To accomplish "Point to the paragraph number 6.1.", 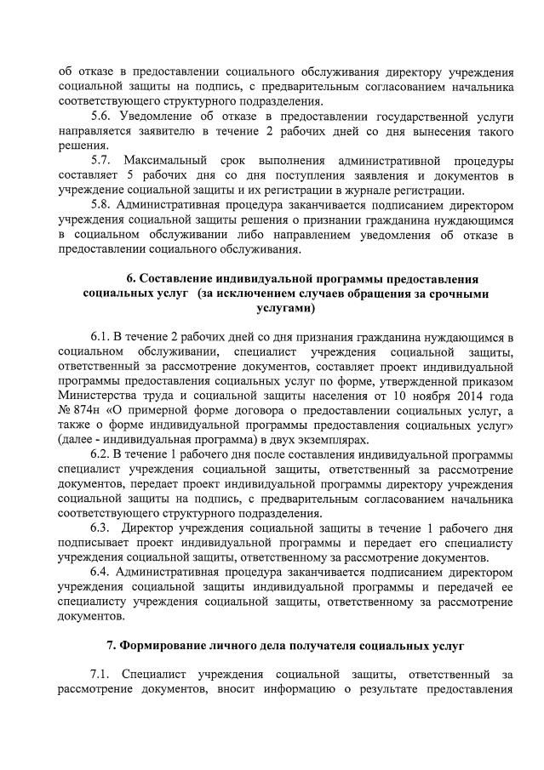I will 100,339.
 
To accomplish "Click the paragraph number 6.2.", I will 100,455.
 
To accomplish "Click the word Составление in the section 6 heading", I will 176,279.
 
